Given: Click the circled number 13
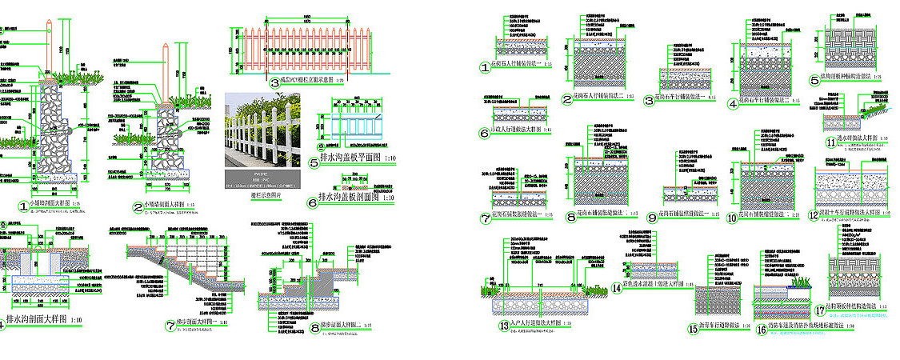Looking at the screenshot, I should click(504, 326).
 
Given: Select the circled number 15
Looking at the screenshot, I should click(694, 329).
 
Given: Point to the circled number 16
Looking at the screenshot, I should click(762, 330).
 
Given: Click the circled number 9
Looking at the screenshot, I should click(652, 217).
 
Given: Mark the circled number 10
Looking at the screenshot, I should click(731, 217).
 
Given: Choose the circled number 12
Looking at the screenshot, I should click(814, 214).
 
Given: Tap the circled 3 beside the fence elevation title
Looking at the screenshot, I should click(274, 82).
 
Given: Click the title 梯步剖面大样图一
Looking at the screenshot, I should click(198, 324).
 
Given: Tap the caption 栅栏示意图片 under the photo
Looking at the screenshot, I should click(262, 194).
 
